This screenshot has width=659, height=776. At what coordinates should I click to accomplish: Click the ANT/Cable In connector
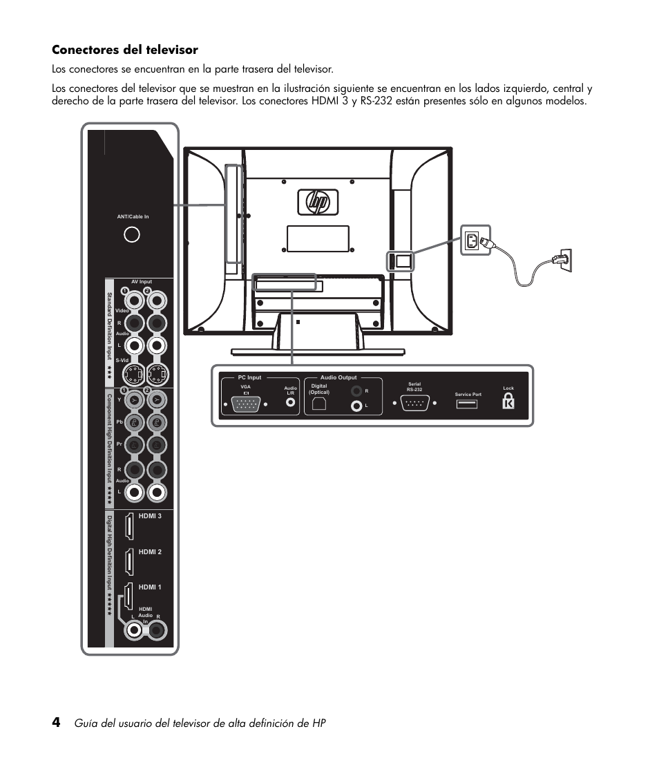coord(131,235)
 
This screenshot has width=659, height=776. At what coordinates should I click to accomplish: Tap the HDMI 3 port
coord(129,527)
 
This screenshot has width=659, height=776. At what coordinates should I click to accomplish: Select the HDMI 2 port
coord(129,562)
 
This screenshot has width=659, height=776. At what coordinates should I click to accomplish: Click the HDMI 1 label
coord(150,587)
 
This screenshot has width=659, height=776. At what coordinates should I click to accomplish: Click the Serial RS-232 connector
coord(414,404)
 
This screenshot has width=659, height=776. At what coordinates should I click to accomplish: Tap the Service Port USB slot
coord(467,404)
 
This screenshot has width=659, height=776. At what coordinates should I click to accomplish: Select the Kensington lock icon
coord(508,401)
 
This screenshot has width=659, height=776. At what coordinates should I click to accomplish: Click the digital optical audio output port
coord(318,406)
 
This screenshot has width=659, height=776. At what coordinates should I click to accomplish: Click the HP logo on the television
coord(318,202)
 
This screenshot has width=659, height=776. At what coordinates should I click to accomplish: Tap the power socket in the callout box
coord(472,241)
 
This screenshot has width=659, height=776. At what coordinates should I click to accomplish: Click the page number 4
coord(56,722)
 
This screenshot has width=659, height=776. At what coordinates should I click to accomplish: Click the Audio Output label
coord(338,378)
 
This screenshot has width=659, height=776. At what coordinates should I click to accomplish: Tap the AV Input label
coord(141,282)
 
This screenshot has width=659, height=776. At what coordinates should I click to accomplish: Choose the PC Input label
coord(250,378)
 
